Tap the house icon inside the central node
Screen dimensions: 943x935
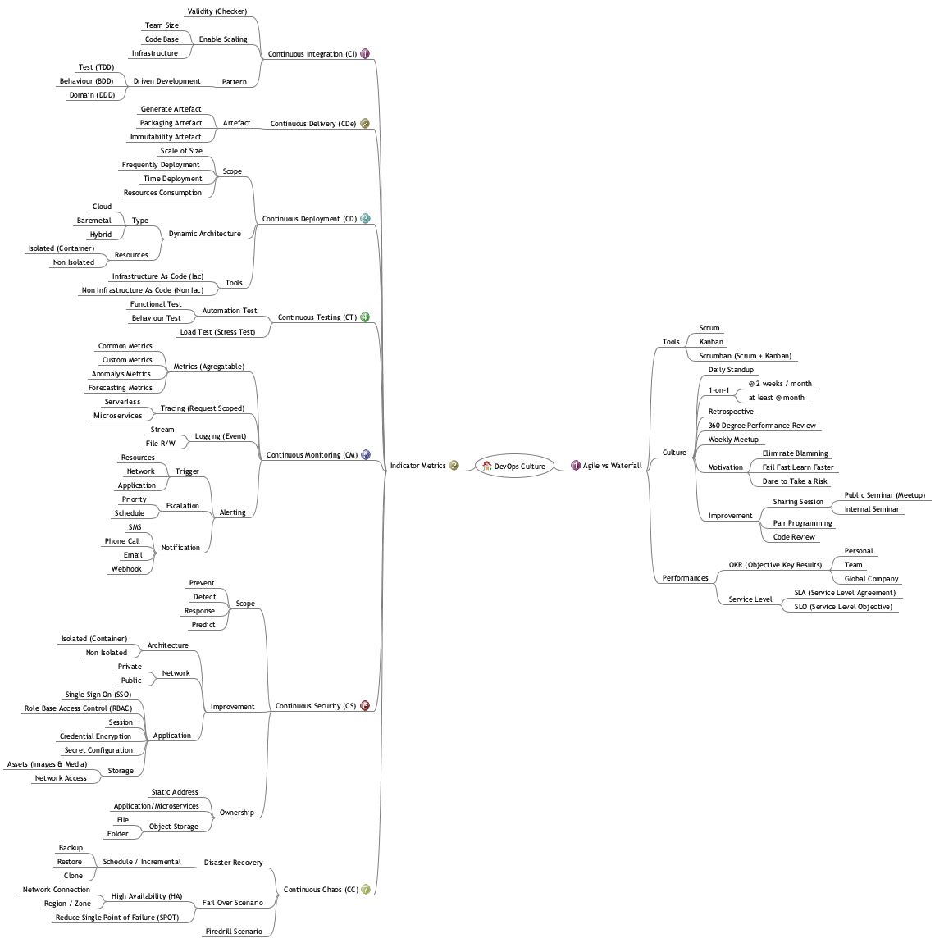coord(487,466)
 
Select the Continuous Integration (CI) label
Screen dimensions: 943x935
coord(312,54)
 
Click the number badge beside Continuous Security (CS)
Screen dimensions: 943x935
coord(365,705)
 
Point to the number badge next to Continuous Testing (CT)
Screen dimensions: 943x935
coord(365,317)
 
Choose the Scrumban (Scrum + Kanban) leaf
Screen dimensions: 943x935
coord(745,356)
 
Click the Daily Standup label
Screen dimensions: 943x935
coord(731,370)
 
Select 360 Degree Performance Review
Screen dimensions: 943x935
coord(762,426)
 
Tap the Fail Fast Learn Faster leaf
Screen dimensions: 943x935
coord(797,467)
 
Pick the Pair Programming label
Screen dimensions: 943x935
coord(802,523)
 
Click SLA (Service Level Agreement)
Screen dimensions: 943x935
coord(845,593)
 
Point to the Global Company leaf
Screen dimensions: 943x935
coord(871,579)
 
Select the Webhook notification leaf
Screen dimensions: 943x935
coord(126,569)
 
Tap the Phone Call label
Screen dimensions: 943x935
coord(122,541)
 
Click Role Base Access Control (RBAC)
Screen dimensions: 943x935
coord(78,708)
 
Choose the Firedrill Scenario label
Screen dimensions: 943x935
coord(234,932)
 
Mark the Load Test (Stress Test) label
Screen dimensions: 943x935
coord(217,332)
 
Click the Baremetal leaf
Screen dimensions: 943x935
coord(93,221)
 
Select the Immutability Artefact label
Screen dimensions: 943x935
coord(166,137)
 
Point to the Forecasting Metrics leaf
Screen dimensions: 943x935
coord(121,388)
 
